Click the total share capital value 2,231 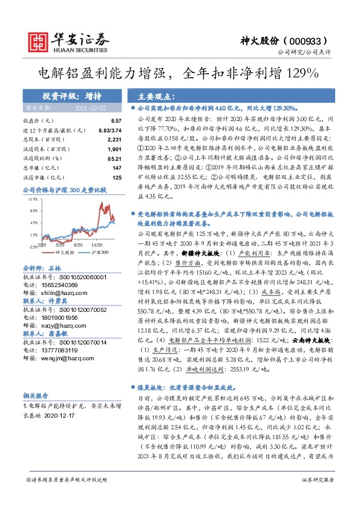click(x=113, y=140)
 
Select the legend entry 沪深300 click(x=101, y=251)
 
